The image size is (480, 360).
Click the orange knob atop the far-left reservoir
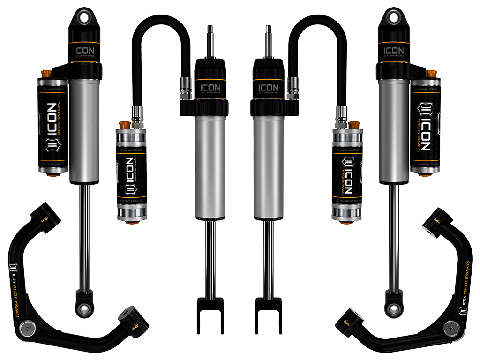(x=46, y=74)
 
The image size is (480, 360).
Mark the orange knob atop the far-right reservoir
(x=431, y=74)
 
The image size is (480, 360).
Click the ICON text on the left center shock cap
(x=210, y=87)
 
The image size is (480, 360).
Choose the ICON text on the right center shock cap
(x=269, y=87)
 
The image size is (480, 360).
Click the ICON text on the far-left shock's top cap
(x=84, y=50)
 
